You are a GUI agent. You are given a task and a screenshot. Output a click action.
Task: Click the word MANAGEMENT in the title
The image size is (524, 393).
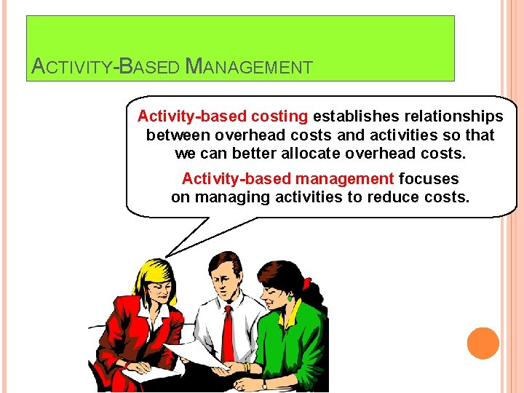(x=250, y=68)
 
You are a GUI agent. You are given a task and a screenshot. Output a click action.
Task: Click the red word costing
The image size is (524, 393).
(x=279, y=116)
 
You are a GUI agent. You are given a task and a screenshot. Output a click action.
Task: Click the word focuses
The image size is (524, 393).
(x=429, y=178)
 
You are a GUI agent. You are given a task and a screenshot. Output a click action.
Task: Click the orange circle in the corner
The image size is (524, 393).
(x=483, y=343)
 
